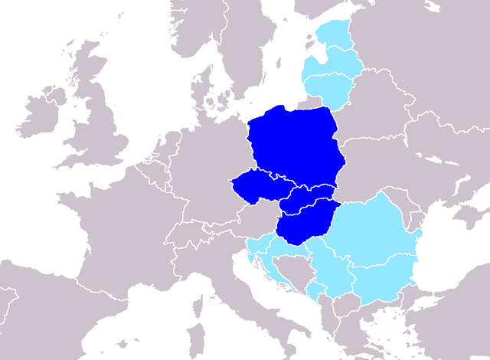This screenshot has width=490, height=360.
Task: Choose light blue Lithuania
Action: coord(333,88)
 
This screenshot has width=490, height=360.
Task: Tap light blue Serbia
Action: coord(333,268)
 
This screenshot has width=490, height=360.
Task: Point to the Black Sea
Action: coord(452,253)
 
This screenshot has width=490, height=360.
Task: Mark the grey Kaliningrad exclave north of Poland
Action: coord(306,101)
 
